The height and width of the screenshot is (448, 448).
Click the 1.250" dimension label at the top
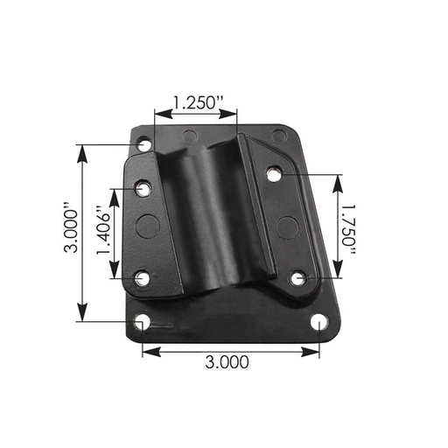[x=196, y=101]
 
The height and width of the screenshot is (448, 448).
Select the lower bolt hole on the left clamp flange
[x=142, y=280]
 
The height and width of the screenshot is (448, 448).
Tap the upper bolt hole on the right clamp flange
[x=275, y=174]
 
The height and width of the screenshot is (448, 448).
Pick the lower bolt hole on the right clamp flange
[x=298, y=278]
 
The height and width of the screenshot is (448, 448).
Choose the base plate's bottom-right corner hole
[x=322, y=325]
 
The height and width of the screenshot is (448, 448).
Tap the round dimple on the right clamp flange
[x=285, y=227]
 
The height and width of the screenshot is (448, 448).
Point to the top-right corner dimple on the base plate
[x=277, y=135]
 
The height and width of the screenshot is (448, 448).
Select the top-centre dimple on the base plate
[x=189, y=136]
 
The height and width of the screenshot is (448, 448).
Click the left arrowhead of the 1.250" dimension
[x=158, y=112]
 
